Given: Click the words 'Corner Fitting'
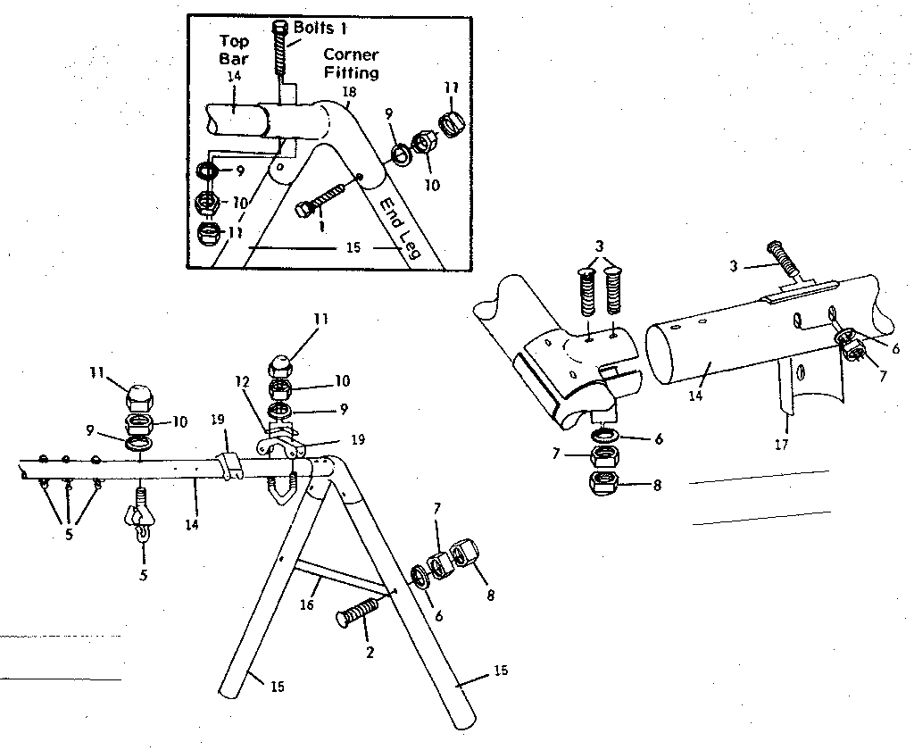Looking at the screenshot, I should (x=351, y=63).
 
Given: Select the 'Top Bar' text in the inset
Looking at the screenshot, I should (x=235, y=49).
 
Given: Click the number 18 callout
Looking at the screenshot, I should (x=348, y=92).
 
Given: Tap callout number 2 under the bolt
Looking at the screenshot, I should (x=370, y=651).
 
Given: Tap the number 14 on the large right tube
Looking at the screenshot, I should (x=697, y=394).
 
